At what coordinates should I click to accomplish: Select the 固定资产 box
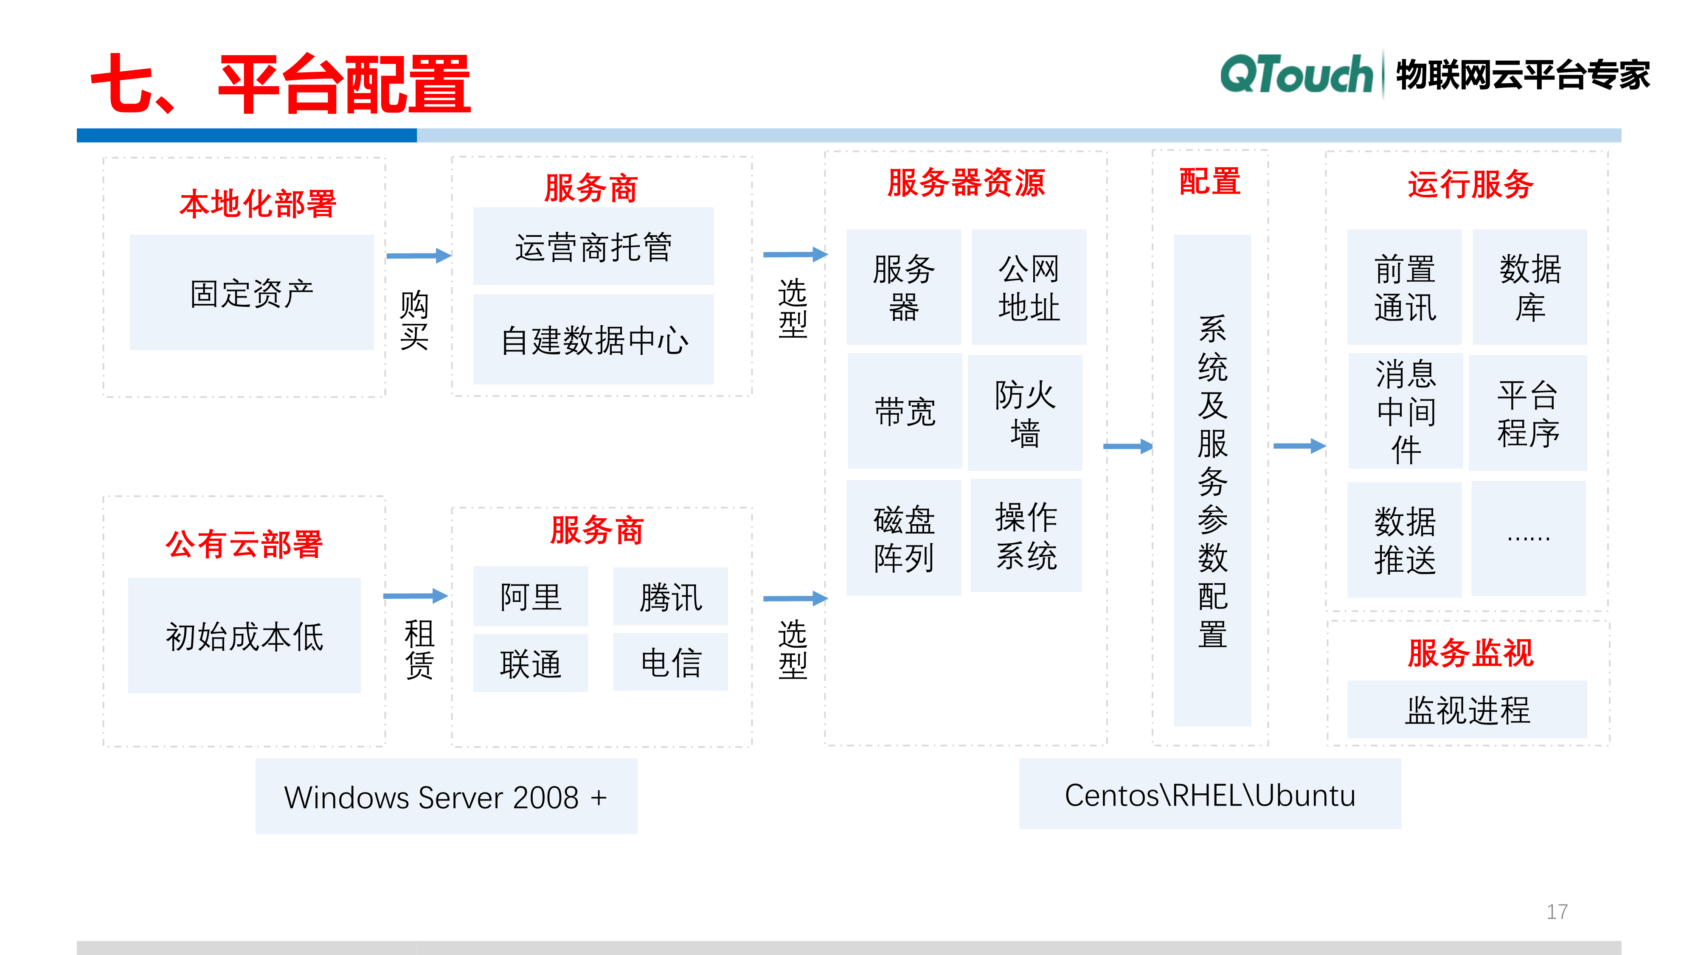pos(252,292)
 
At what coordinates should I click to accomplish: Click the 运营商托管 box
pos(593,247)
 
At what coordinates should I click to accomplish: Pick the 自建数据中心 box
pos(593,340)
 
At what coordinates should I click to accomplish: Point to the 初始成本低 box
pos(245,636)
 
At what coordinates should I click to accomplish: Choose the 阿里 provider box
pos(531,596)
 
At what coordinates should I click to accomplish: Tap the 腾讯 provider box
pos(670,596)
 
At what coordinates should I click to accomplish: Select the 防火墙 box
pos(1025,413)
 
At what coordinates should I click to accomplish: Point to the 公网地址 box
pos(1028,287)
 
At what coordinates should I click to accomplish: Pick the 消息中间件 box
pos(1406,412)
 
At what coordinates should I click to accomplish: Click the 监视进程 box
pos(1467,710)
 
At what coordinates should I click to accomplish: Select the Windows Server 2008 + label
pos(446,797)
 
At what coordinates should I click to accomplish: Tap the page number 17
pos(1557,912)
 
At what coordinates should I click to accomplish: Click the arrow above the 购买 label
pos(419,256)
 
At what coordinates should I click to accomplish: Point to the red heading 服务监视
pos(1470,652)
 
